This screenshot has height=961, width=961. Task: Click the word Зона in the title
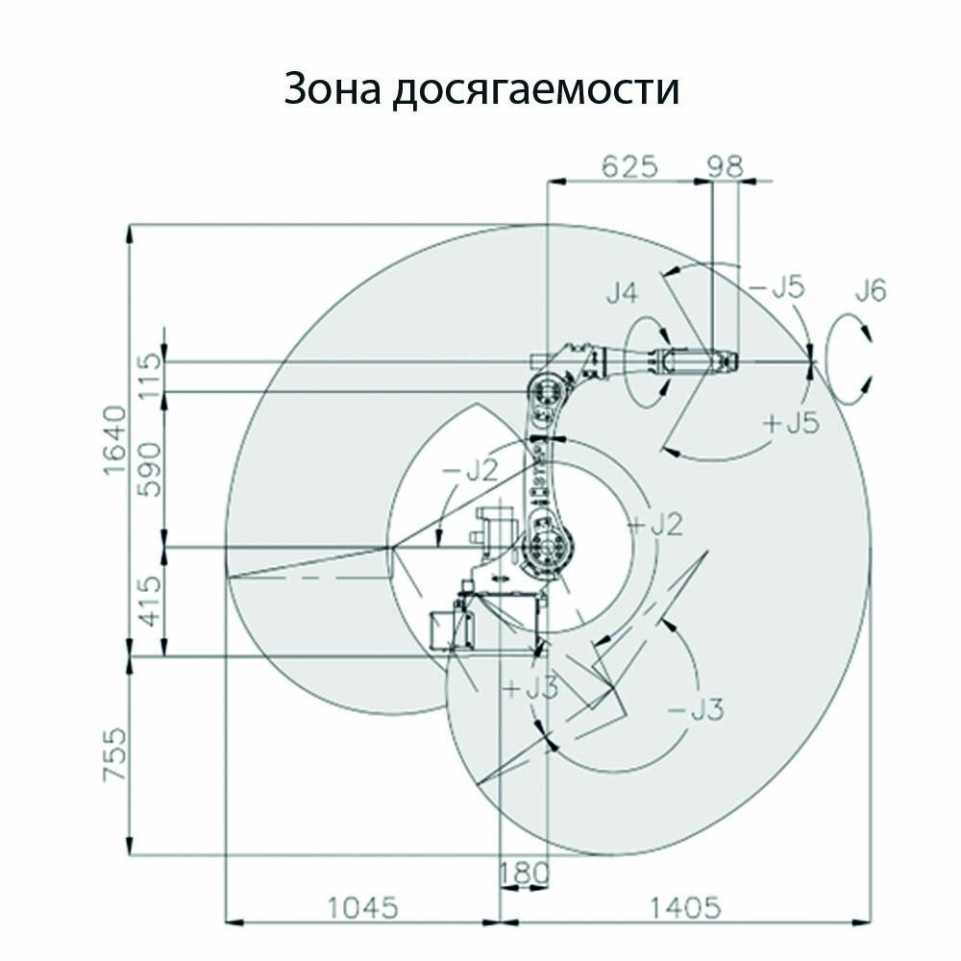point(333,88)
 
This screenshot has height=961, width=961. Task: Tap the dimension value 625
point(629,165)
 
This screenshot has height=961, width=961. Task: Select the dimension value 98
point(725,165)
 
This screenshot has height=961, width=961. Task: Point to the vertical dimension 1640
point(114,439)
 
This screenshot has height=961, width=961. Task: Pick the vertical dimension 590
point(150,470)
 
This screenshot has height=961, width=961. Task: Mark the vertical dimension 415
point(150,602)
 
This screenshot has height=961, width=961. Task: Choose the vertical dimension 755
point(114,754)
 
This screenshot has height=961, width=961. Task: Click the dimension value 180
point(524,874)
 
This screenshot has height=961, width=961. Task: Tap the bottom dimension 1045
point(363,908)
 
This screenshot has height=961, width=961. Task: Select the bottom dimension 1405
point(685,908)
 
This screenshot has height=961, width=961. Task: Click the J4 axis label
point(623,293)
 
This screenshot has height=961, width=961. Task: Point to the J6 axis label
point(871,290)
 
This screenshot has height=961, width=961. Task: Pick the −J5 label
point(776,286)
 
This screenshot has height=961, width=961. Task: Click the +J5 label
point(792,422)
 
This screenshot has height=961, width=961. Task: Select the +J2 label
point(655,525)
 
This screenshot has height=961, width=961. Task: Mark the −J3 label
point(695,710)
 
